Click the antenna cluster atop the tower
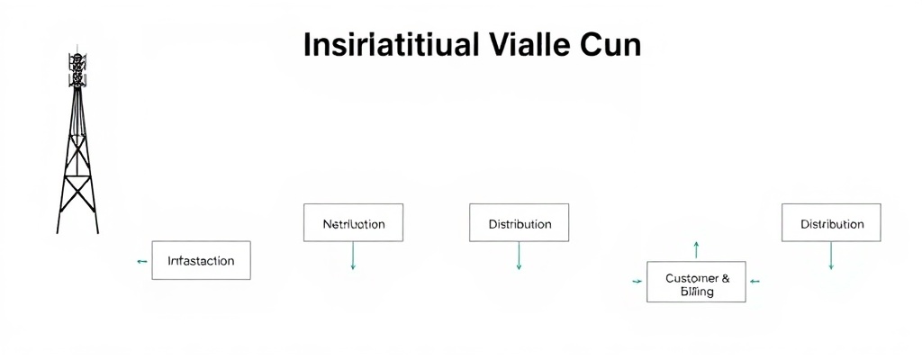tap(78, 67)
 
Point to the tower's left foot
tap(59, 230)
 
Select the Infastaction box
tap(201, 261)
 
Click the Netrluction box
tap(353, 223)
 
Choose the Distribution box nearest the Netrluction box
tap(520, 223)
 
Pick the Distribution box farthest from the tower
tap(831, 223)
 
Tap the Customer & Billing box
tap(696, 283)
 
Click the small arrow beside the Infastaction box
tap(141, 261)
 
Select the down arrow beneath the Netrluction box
tap(353, 256)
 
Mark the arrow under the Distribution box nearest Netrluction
tap(520, 256)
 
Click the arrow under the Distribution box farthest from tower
tap(831, 256)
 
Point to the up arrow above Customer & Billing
tap(696, 249)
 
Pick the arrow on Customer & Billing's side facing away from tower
tap(755, 282)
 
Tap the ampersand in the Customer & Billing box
tap(726, 278)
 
